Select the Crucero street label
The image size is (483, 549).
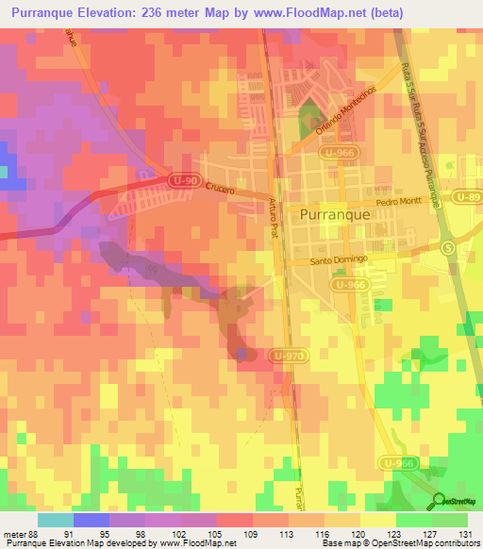click(x=225, y=189)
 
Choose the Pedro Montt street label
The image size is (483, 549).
click(x=396, y=203)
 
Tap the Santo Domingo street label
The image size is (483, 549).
click(x=338, y=260)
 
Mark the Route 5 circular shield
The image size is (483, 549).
click(x=447, y=247)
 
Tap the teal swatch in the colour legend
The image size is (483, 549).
click(x=56, y=520)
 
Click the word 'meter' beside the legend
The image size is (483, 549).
click(x=16, y=535)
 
